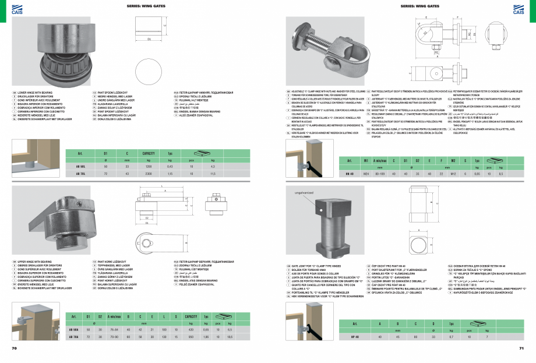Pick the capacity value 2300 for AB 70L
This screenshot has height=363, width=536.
pyautogui.click(x=149, y=174)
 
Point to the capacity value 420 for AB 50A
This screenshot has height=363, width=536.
pyautogui.click(x=189, y=330)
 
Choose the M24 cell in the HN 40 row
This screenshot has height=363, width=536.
pyautogui.click(x=366, y=174)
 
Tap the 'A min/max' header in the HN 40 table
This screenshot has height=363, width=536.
pyautogui.click(x=380, y=160)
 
